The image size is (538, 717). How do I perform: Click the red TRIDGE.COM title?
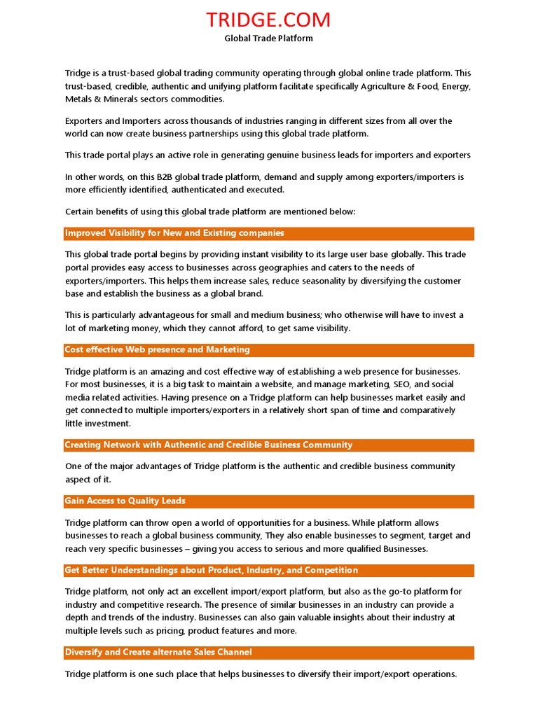(x=268, y=20)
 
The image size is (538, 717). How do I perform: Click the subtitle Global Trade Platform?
(x=268, y=39)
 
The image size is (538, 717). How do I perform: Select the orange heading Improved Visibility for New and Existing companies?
(x=174, y=233)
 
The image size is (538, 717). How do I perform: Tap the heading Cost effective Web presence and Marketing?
(x=157, y=350)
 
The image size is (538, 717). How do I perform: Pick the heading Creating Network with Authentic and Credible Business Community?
(x=209, y=445)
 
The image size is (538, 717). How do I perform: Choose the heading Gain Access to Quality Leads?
(x=125, y=501)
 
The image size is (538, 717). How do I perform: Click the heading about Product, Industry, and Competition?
(x=212, y=571)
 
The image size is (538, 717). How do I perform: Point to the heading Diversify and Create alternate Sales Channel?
(x=158, y=653)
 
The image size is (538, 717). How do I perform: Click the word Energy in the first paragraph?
(x=455, y=86)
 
